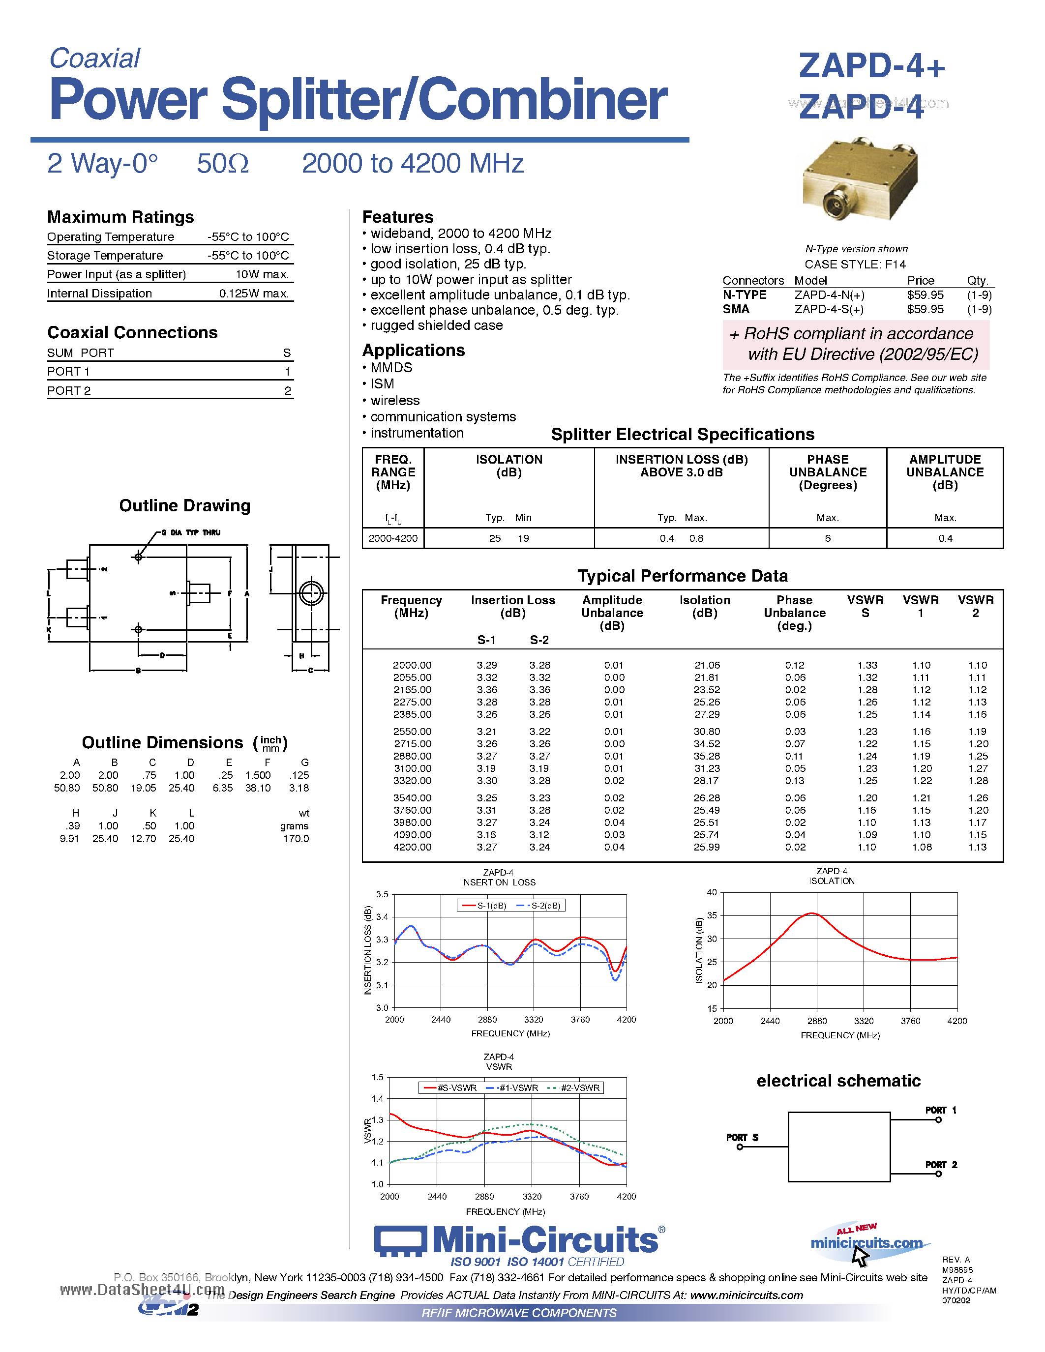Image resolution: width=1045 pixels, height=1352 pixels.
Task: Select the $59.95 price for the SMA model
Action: pos(925,309)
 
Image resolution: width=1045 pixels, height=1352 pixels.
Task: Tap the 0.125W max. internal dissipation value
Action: pos(254,294)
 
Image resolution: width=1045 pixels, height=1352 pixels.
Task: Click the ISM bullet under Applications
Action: pos(382,384)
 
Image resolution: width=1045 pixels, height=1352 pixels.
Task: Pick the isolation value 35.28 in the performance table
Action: pos(706,756)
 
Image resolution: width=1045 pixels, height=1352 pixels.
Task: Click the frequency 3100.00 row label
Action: pos(412,768)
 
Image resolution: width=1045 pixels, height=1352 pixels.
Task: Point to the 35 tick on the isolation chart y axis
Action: pos(712,915)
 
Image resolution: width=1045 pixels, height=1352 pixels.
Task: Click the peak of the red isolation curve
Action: pos(811,914)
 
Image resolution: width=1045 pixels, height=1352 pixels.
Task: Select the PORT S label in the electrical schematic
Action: pos(742,1137)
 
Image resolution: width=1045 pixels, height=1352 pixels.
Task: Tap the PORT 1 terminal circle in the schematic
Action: pos(938,1120)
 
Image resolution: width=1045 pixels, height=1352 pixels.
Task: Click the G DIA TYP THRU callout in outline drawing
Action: pos(191,532)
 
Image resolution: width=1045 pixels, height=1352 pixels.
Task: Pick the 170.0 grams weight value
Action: pos(296,839)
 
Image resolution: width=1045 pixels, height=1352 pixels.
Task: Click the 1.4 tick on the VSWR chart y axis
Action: pos(377,1099)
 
